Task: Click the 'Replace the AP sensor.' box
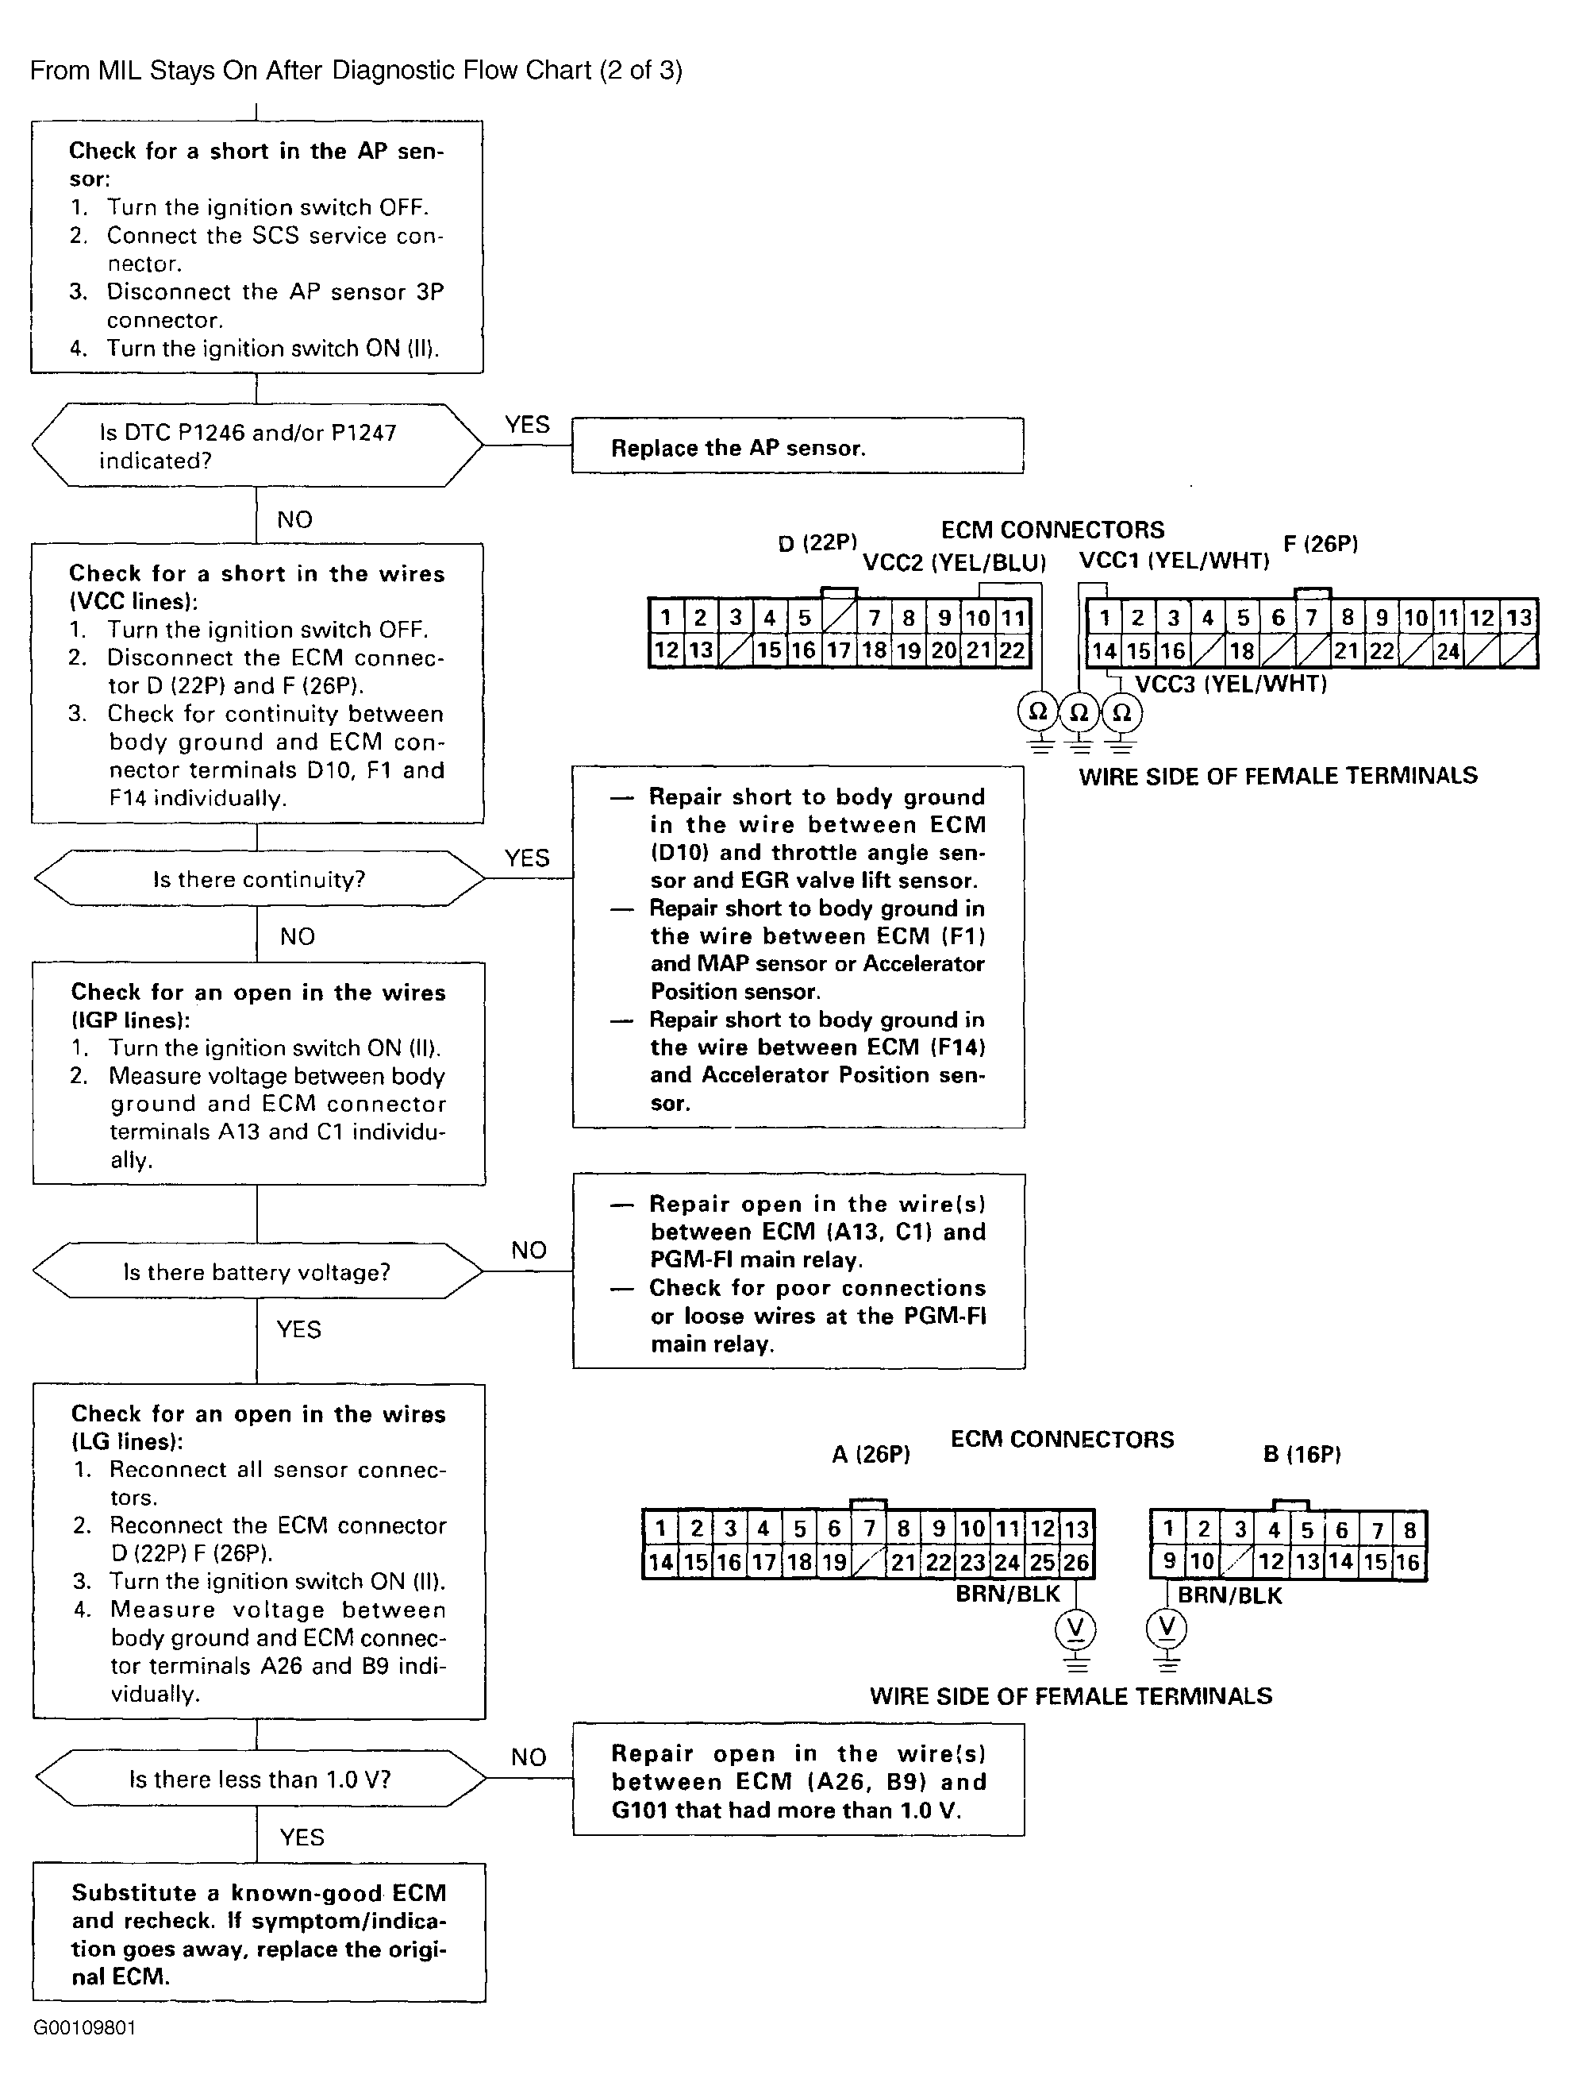(798, 445)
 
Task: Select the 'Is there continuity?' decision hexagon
(259, 879)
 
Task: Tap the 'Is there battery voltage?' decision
(257, 1271)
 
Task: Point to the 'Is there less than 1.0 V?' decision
(260, 1779)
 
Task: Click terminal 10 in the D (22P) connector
(978, 618)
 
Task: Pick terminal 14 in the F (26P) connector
(1103, 651)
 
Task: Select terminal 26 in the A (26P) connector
(1076, 1562)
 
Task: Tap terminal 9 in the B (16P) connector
(1169, 1560)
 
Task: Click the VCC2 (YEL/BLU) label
(954, 563)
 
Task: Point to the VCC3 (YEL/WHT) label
(1230, 684)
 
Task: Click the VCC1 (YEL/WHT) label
(1174, 561)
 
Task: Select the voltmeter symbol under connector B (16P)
(1167, 1627)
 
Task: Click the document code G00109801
(84, 2028)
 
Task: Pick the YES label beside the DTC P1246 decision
(527, 424)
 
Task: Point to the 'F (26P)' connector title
(1320, 543)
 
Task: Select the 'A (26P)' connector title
(871, 1454)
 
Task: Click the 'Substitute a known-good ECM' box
(260, 1932)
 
